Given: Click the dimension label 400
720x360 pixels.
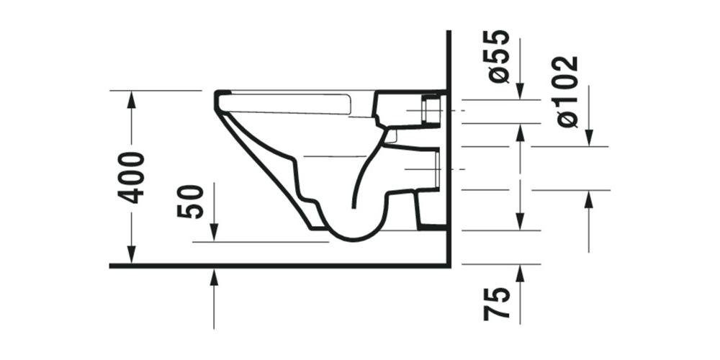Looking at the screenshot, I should coord(132,177).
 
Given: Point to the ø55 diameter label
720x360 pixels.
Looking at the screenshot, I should coord(498,56).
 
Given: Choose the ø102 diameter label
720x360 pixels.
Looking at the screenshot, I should coord(567,91).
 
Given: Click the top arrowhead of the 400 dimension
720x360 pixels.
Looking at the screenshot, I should coord(131,99).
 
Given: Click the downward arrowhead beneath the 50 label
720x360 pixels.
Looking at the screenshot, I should coord(214,233).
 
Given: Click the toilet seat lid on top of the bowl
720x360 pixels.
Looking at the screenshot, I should coord(288,102).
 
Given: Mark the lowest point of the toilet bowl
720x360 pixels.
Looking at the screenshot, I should coord(349,238).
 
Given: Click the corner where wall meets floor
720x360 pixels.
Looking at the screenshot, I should coord(449,266).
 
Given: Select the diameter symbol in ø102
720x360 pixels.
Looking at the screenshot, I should coord(567,119).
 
